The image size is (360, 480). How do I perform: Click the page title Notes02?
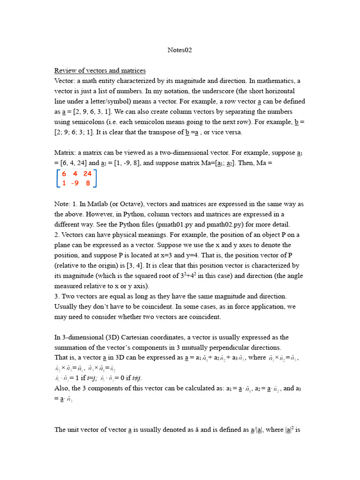[x=180, y=50]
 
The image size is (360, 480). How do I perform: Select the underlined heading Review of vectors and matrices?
[x=100, y=71]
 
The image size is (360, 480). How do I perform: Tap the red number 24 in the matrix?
[x=87, y=174]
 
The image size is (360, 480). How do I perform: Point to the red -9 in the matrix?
[x=74, y=184]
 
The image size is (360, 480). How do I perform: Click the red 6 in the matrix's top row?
[x=64, y=174]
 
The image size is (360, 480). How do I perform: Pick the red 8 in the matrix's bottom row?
[x=88, y=184]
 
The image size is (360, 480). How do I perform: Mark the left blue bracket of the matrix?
[x=58, y=179]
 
